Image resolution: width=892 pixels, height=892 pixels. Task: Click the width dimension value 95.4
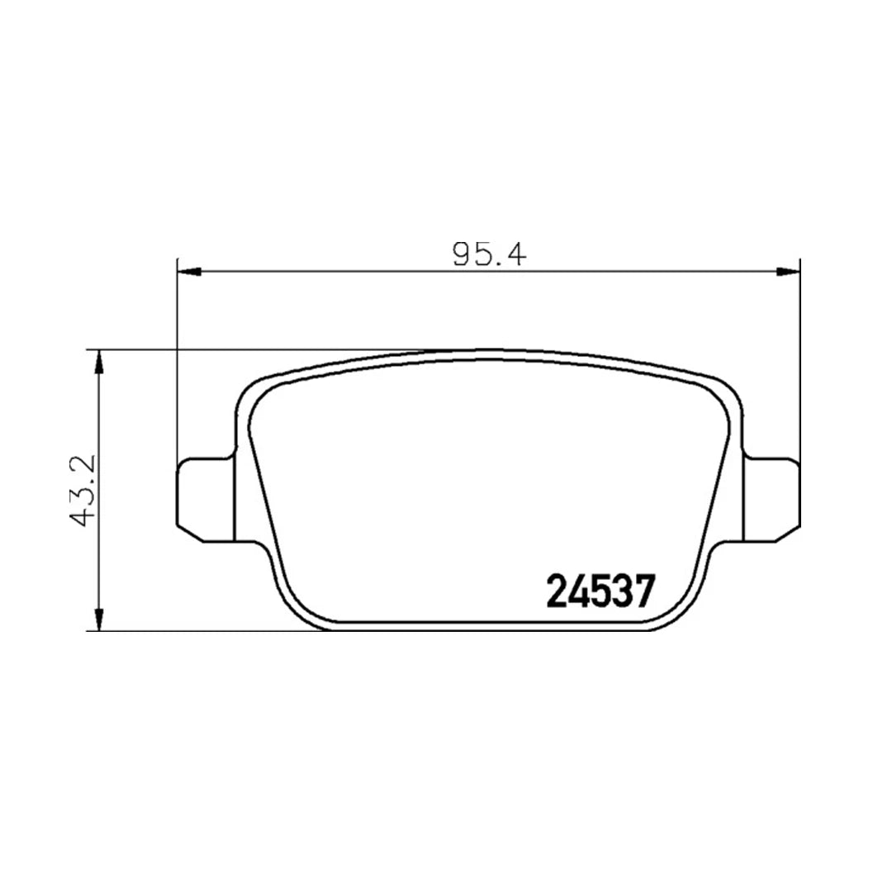pos(489,254)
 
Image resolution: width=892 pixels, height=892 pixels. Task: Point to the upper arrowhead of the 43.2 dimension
pos(99,362)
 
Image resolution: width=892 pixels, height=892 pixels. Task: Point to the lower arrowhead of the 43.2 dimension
pos(99,619)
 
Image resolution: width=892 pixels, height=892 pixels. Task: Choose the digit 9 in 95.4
pos(462,254)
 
